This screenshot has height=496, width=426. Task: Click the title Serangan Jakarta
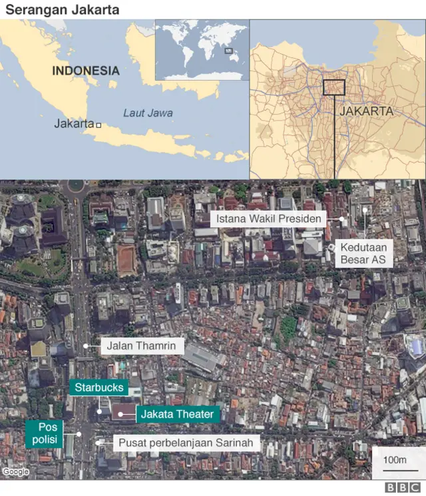tap(63, 10)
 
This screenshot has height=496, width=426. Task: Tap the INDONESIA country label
tap(86, 71)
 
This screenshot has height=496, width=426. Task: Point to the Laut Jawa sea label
tap(148, 113)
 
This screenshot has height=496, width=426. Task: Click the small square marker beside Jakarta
tap(99, 125)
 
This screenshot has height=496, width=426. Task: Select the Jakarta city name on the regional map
tap(74, 124)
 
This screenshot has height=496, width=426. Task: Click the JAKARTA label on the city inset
tap(367, 111)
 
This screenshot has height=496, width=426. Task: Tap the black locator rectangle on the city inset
tap(333, 87)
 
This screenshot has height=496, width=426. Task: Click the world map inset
tap(202, 50)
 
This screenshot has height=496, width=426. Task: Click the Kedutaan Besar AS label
tap(363, 253)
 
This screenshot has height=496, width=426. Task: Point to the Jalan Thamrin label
tap(142, 346)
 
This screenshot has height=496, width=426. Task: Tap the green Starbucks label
tap(99, 387)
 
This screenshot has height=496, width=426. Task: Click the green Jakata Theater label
tap(177, 414)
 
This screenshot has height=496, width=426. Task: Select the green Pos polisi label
tap(44, 433)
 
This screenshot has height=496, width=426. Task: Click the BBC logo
tap(399, 488)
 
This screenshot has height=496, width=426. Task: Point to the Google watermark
tap(15, 472)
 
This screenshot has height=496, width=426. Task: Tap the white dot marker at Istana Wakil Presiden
tap(341, 219)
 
